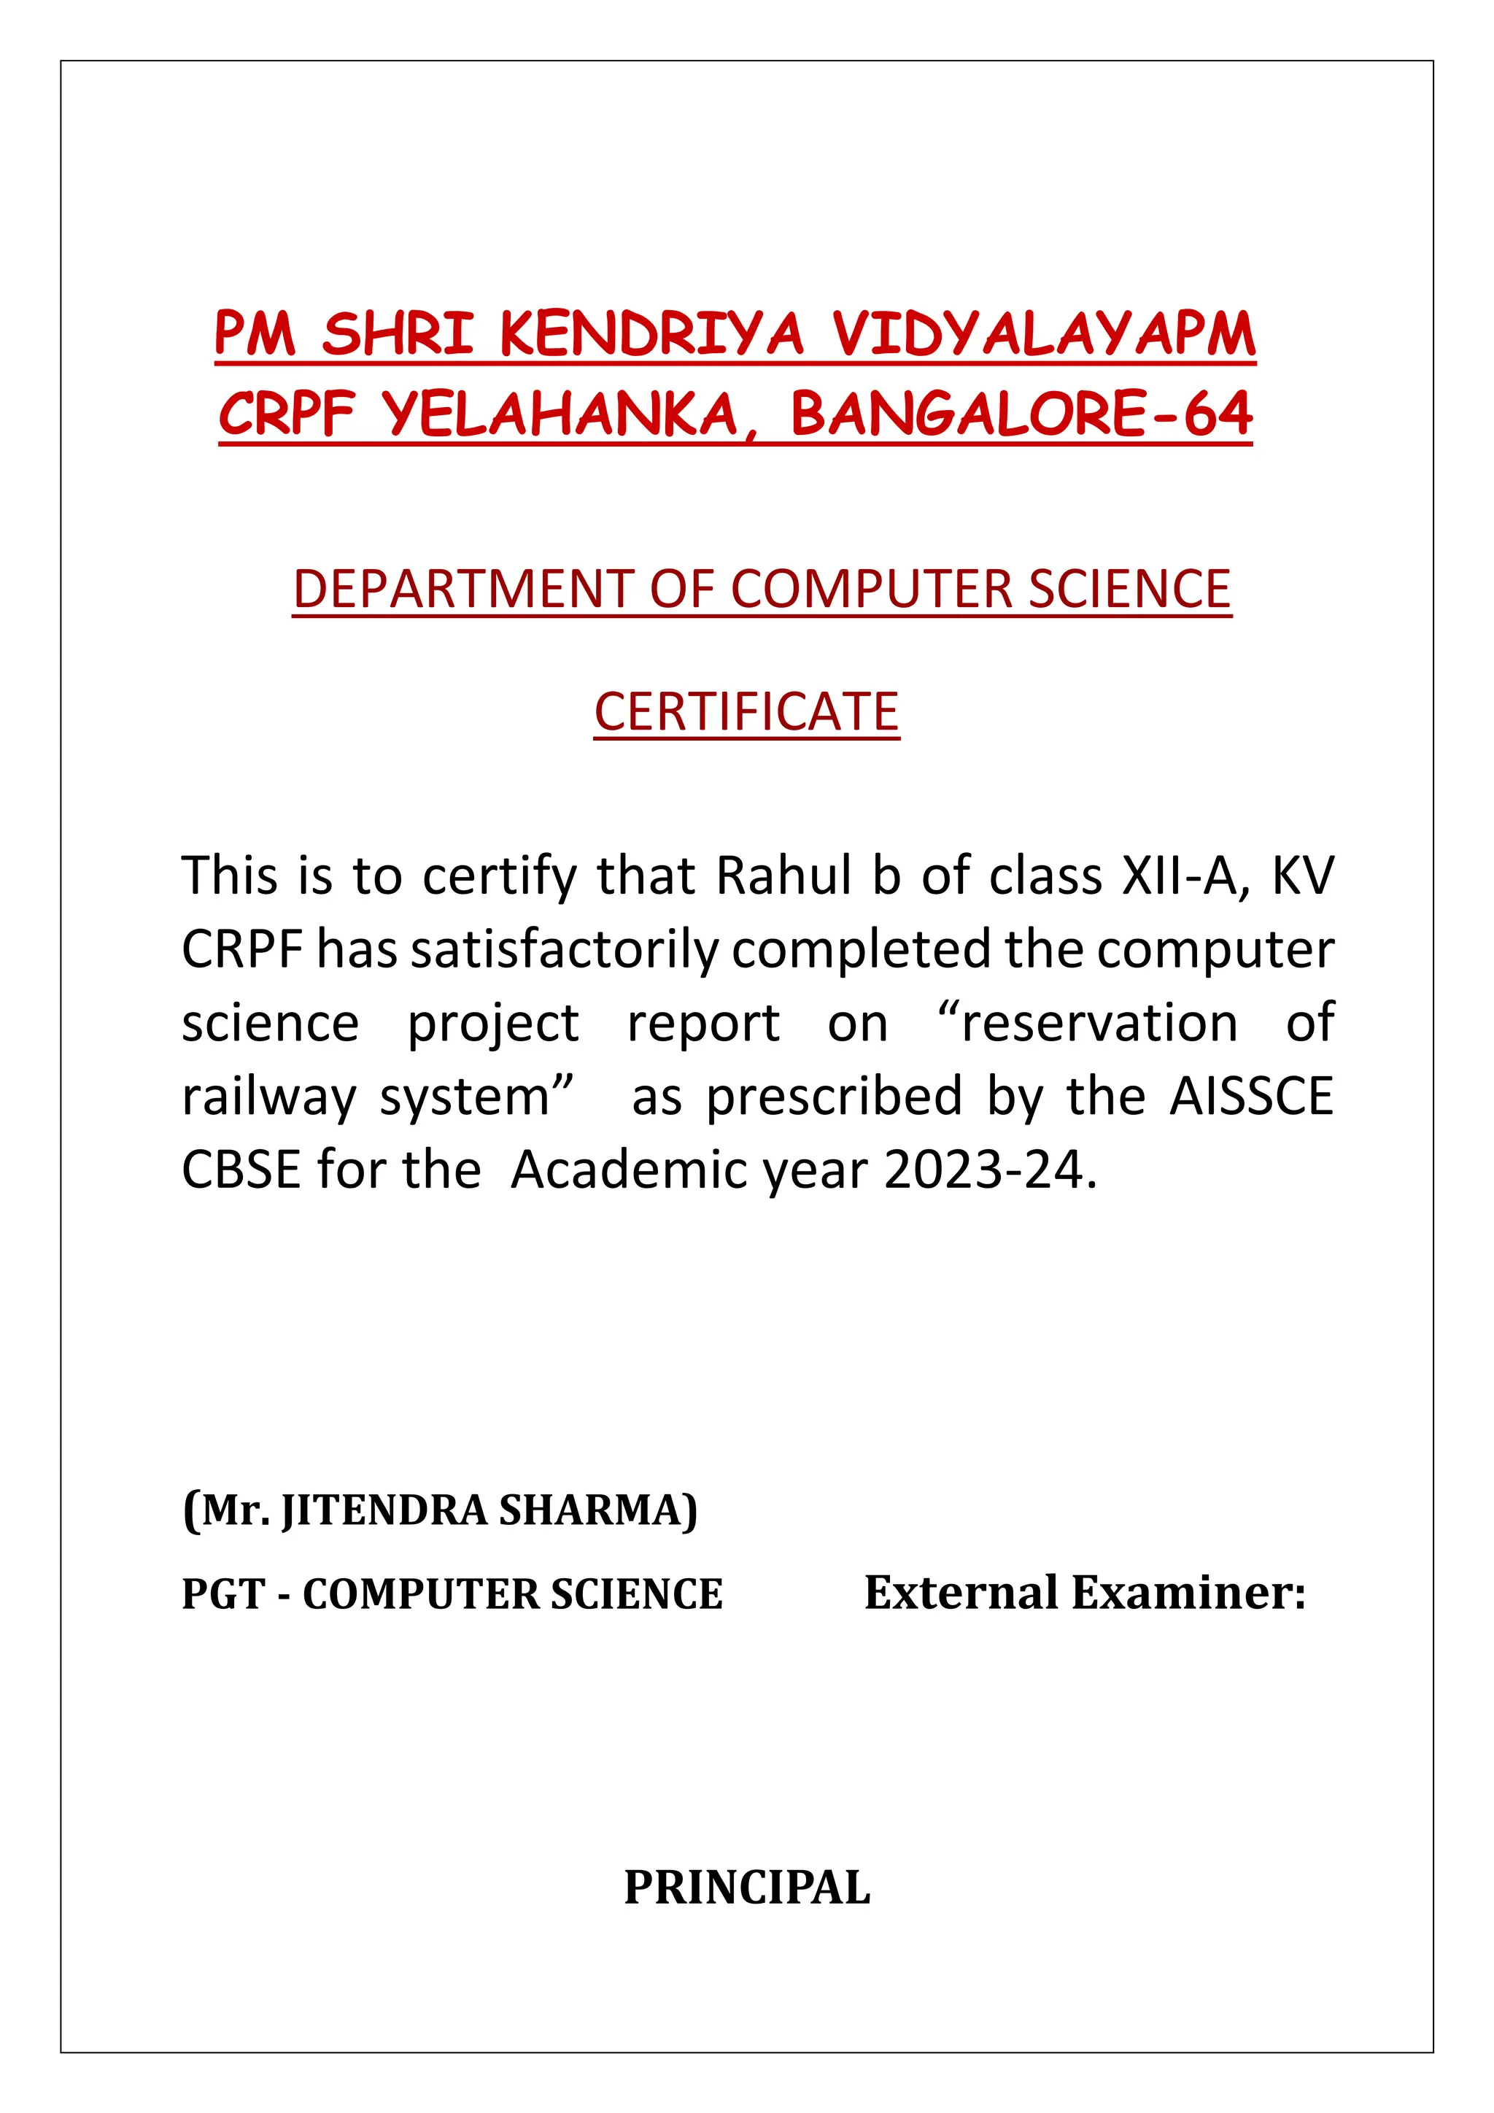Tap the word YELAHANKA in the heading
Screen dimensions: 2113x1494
(560, 414)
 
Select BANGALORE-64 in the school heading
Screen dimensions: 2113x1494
(1021, 414)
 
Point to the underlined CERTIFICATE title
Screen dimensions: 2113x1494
(746, 711)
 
